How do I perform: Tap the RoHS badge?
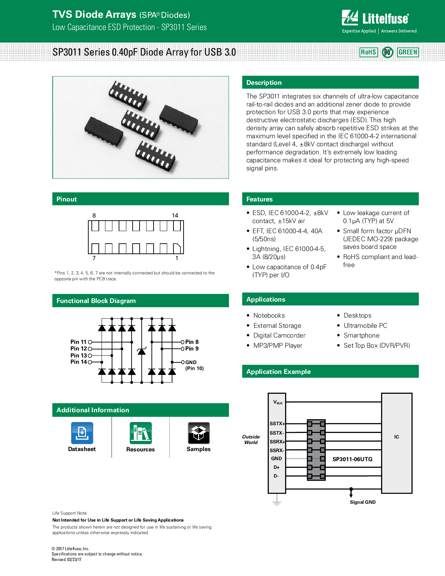point(369,52)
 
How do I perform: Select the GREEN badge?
point(408,52)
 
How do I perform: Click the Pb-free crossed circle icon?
point(387,52)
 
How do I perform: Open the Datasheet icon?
point(82,433)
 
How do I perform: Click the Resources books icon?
point(141,433)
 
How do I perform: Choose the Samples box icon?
point(199,433)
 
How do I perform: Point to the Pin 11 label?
point(78,342)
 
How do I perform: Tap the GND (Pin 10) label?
point(194,365)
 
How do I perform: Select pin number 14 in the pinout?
point(175,216)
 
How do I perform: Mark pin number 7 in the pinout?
point(94,258)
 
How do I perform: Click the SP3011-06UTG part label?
point(352,459)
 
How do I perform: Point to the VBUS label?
point(277,403)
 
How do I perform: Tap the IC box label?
point(396,437)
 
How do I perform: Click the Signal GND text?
point(363,502)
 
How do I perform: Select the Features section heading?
point(259,199)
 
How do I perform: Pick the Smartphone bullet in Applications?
point(361,335)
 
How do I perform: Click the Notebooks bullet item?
point(269,316)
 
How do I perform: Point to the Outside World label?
point(251,440)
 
